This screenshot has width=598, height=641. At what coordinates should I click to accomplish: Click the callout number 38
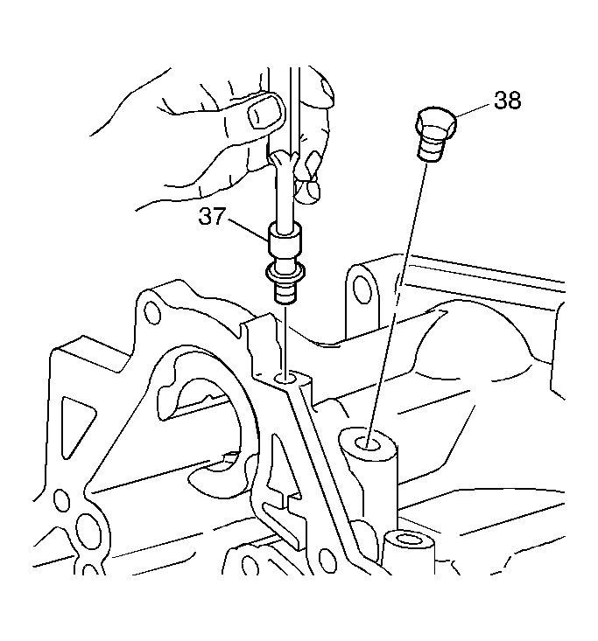507,101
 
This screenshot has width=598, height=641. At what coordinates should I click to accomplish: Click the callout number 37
212,216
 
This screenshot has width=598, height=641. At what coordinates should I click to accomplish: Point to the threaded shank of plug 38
432,148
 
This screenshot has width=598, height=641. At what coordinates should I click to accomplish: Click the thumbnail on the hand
266,112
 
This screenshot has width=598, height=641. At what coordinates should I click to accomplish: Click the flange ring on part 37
285,273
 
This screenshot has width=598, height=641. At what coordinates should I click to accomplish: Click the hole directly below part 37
285,377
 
